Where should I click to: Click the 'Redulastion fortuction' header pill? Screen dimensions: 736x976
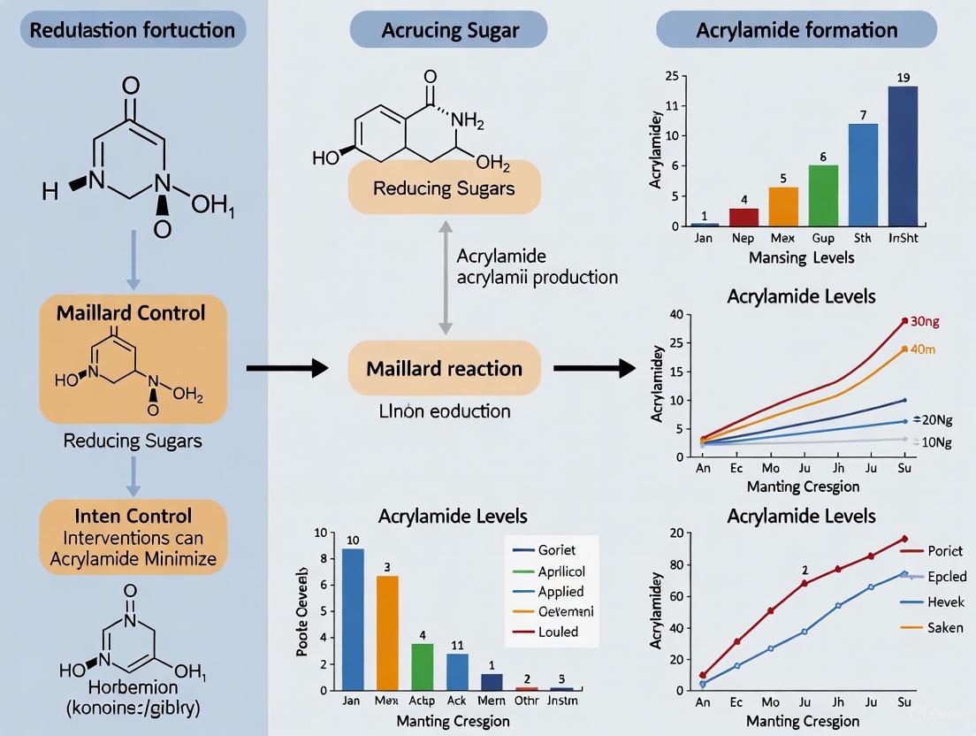click(133, 30)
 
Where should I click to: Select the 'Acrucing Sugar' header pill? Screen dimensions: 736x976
click(449, 30)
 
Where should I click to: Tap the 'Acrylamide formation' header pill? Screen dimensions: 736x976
click(797, 30)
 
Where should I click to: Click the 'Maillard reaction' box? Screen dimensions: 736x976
click(444, 368)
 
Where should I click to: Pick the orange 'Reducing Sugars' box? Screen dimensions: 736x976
click(444, 188)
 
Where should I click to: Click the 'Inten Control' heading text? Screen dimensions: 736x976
click(133, 516)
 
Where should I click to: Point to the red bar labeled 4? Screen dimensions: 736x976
click(743, 217)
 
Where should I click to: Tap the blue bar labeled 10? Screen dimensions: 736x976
click(353, 618)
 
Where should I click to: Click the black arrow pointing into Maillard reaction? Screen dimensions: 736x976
click(281, 368)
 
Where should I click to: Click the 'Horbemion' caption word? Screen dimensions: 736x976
click(133, 687)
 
